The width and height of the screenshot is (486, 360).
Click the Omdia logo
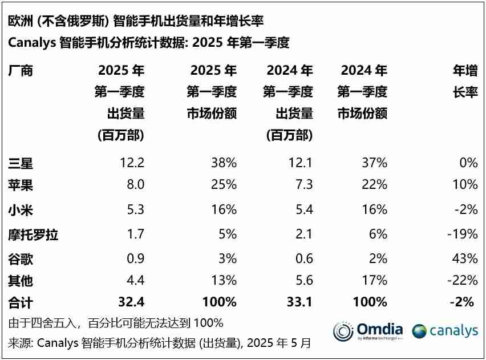click(368, 331)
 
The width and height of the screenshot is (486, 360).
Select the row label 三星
click(21, 163)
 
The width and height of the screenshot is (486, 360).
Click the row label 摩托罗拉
click(33, 234)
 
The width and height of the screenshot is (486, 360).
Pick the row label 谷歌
click(21, 259)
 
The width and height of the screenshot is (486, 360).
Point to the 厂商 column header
click(21, 71)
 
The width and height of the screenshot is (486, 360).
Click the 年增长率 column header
click(465, 81)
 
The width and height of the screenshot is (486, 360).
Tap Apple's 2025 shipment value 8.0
click(136, 184)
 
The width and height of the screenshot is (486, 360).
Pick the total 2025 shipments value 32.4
click(132, 302)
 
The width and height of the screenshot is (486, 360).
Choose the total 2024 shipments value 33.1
click(300, 302)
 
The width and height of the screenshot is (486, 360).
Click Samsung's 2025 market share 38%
click(224, 163)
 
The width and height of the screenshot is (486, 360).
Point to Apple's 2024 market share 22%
click(374, 184)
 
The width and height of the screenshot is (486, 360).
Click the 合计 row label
click(21, 302)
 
